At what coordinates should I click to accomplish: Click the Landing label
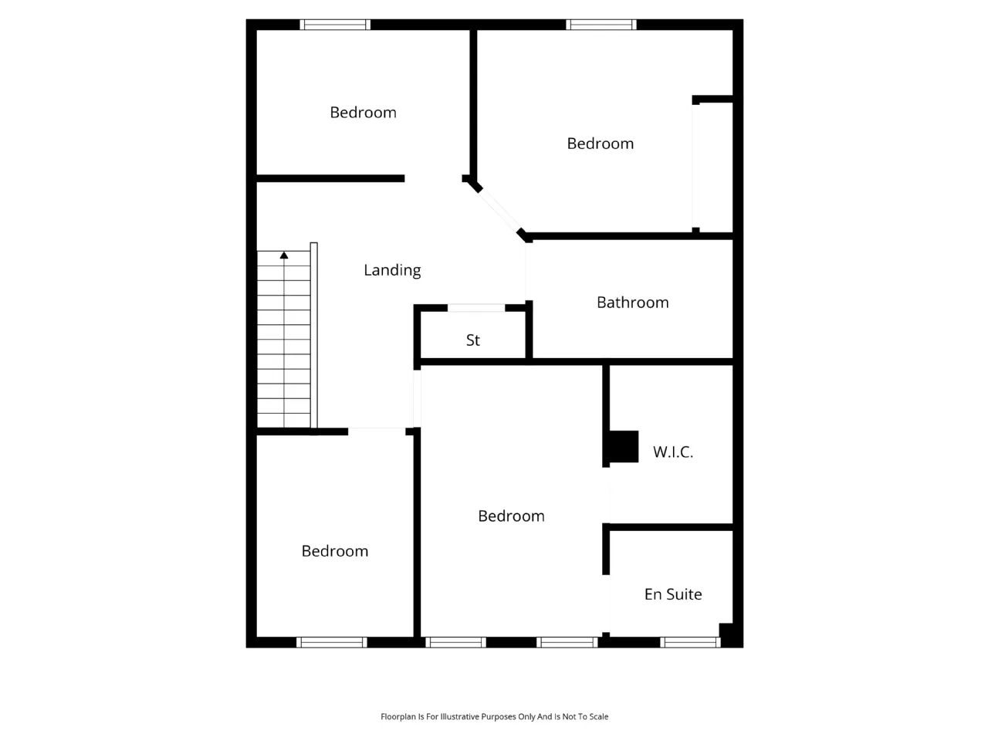tap(392, 270)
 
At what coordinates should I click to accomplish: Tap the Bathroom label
tap(632, 303)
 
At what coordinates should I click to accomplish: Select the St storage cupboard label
tap(472, 340)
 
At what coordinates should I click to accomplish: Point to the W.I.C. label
tap(672, 452)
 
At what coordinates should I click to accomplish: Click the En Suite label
tap(673, 594)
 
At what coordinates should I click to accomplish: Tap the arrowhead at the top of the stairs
tap(284, 255)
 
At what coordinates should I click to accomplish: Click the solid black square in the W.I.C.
tap(624, 446)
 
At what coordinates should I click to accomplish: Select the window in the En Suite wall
tap(690, 642)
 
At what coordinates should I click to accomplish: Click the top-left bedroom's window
tap(335, 24)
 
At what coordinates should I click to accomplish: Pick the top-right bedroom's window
tap(601, 24)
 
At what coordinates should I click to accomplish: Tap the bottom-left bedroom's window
tap(331, 642)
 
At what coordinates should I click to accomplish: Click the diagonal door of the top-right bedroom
tap(499, 210)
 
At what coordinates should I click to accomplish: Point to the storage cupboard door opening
tap(476, 308)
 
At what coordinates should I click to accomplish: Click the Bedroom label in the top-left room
tap(363, 113)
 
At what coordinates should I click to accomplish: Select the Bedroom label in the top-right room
tap(600, 144)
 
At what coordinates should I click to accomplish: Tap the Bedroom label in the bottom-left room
tap(334, 551)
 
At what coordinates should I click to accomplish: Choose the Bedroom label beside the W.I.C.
tap(511, 516)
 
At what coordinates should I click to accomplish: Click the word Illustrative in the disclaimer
tap(460, 717)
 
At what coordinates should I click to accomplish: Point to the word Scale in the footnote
tap(598, 717)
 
